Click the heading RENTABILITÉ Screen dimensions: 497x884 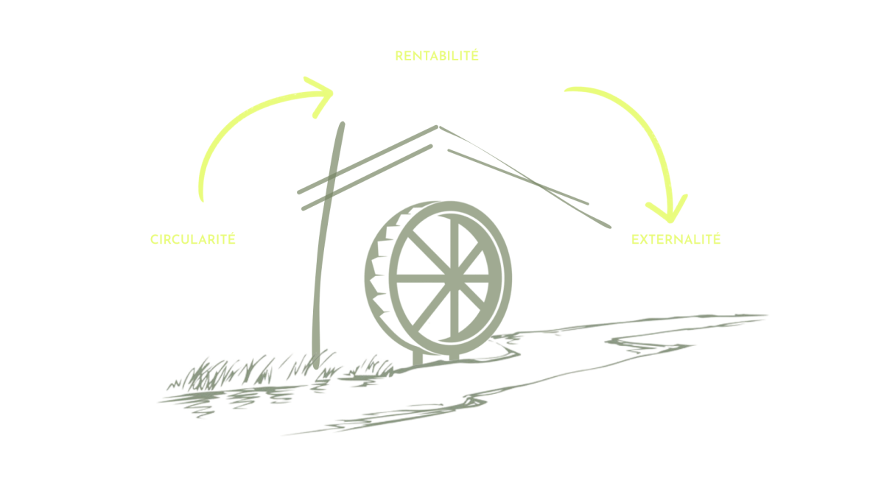437,55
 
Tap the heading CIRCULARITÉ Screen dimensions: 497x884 192,239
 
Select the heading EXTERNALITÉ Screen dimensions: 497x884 676,240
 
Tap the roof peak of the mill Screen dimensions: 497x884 437,127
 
